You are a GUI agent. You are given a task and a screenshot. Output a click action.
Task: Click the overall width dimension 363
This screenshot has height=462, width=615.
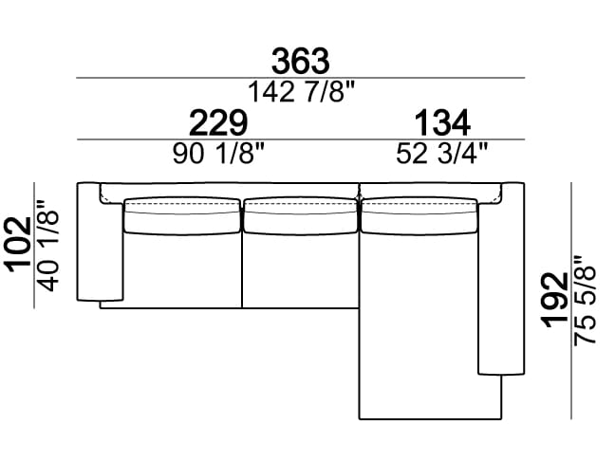click(301, 61)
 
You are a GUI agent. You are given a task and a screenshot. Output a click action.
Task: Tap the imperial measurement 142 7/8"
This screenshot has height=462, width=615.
click(301, 92)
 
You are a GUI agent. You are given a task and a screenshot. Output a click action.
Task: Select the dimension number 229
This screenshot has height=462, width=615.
click(218, 122)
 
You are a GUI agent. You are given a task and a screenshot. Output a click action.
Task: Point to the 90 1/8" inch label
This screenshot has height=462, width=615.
click(219, 153)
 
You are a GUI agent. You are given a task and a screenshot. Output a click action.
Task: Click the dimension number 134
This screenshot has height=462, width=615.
click(442, 122)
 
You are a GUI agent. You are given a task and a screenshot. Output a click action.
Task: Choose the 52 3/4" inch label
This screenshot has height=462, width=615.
click(442, 153)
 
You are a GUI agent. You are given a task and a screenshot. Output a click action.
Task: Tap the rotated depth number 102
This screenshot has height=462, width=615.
click(18, 244)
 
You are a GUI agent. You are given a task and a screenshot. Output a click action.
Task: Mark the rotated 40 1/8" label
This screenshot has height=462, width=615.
click(47, 247)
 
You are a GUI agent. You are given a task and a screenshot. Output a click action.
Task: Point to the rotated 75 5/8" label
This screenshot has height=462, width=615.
click(585, 301)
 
